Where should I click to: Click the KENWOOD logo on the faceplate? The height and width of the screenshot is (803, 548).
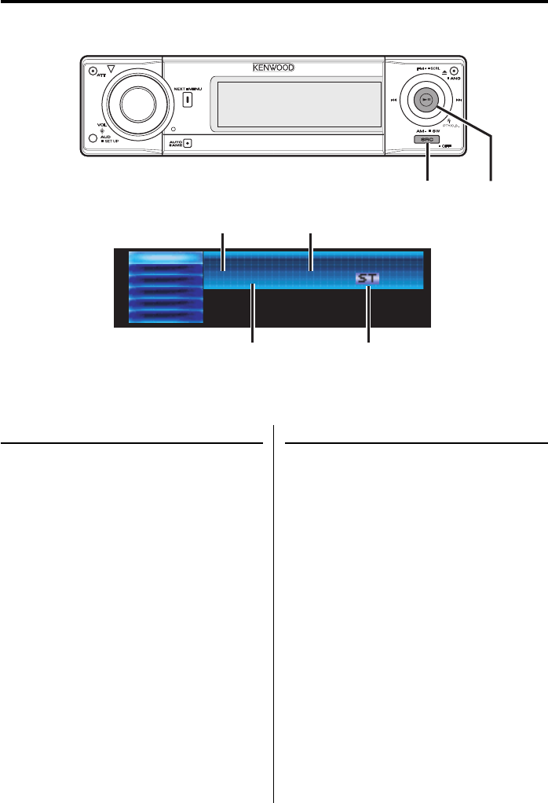(273, 68)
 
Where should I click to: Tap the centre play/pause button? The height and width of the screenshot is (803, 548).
(425, 100)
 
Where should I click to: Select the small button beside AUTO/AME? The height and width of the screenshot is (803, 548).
(187, 143)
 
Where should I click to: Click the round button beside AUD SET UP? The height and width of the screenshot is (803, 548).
(93, 139)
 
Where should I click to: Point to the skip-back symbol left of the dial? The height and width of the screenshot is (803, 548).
(391, 101)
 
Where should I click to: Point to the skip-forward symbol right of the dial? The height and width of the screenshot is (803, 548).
(458, 101)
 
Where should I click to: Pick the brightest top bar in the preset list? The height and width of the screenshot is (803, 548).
(165, 258)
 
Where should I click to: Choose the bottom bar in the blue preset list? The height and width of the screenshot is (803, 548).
(165, 314)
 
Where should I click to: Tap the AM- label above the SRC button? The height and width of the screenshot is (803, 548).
(421, 130)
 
